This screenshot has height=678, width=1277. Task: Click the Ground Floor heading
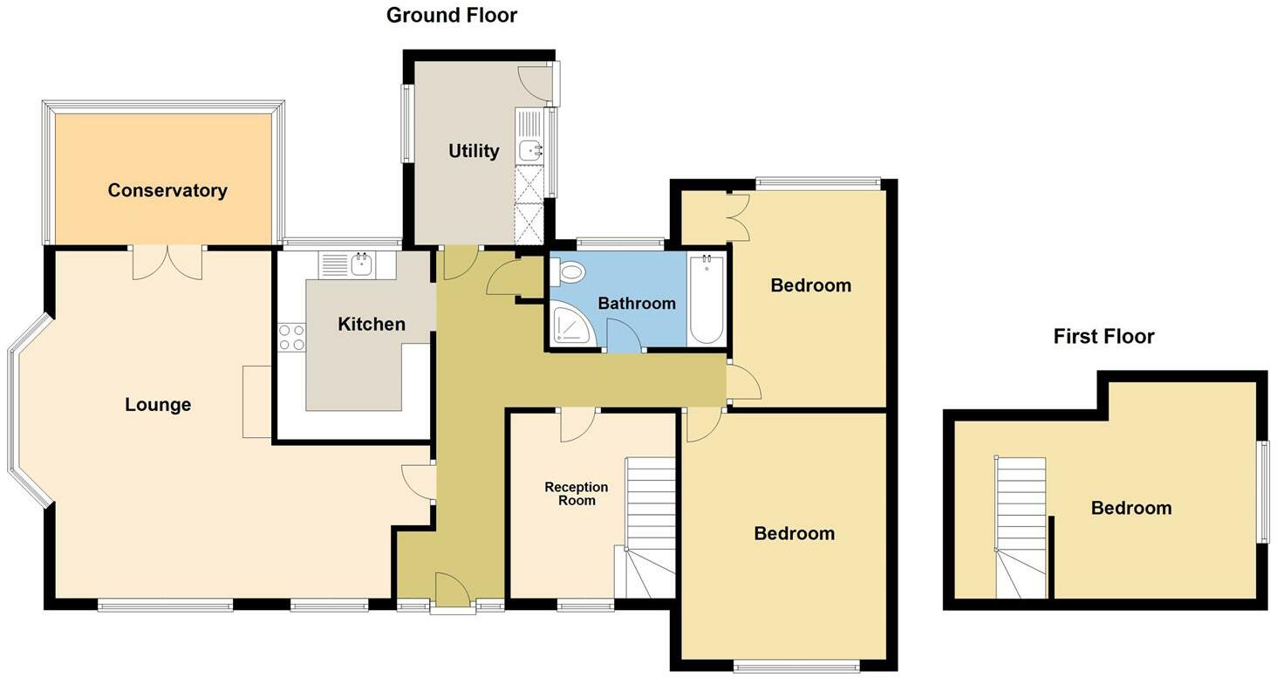451,15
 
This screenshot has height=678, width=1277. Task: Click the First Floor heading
1103,336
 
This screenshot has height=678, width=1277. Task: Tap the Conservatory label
167,190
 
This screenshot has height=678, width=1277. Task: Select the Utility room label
474,151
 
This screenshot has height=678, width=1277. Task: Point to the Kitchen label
372,324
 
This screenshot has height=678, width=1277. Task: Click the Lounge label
158,404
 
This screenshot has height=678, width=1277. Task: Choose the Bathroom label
637,303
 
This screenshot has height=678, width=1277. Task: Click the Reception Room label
576,493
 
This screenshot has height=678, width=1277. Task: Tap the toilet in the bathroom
569,272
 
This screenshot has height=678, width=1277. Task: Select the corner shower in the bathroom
570,324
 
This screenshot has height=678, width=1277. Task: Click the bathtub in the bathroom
706,299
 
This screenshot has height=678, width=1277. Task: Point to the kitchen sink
359,264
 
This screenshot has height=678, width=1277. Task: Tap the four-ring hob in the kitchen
291,337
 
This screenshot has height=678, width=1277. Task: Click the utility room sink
529,150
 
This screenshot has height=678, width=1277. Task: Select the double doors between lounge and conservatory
167,263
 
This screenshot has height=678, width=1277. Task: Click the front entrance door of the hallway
453,591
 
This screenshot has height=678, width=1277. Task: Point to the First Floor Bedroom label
1130,508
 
